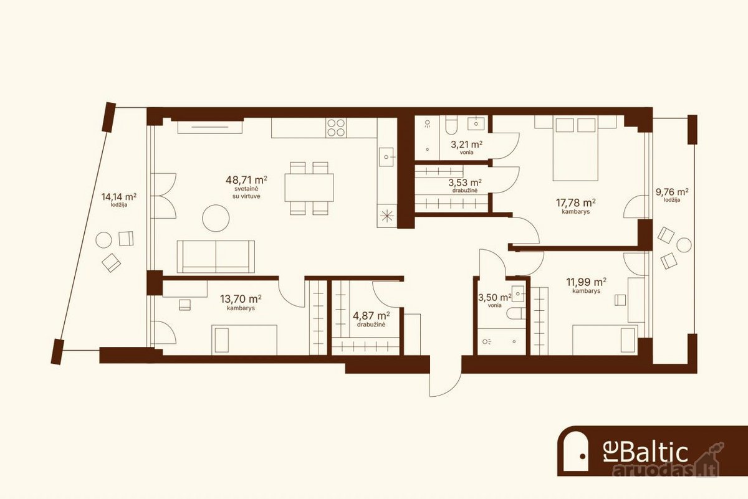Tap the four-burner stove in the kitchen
(x=336, y=128)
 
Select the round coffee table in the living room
(x=216, y=218)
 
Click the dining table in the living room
(x=309, y=188)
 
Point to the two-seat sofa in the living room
(x=216, y=256)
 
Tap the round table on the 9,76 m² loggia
(x=684, y=245)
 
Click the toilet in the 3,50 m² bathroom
(x=515, y=313)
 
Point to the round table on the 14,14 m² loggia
(x=103, y=240)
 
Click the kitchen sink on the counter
(x=386, y=157)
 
